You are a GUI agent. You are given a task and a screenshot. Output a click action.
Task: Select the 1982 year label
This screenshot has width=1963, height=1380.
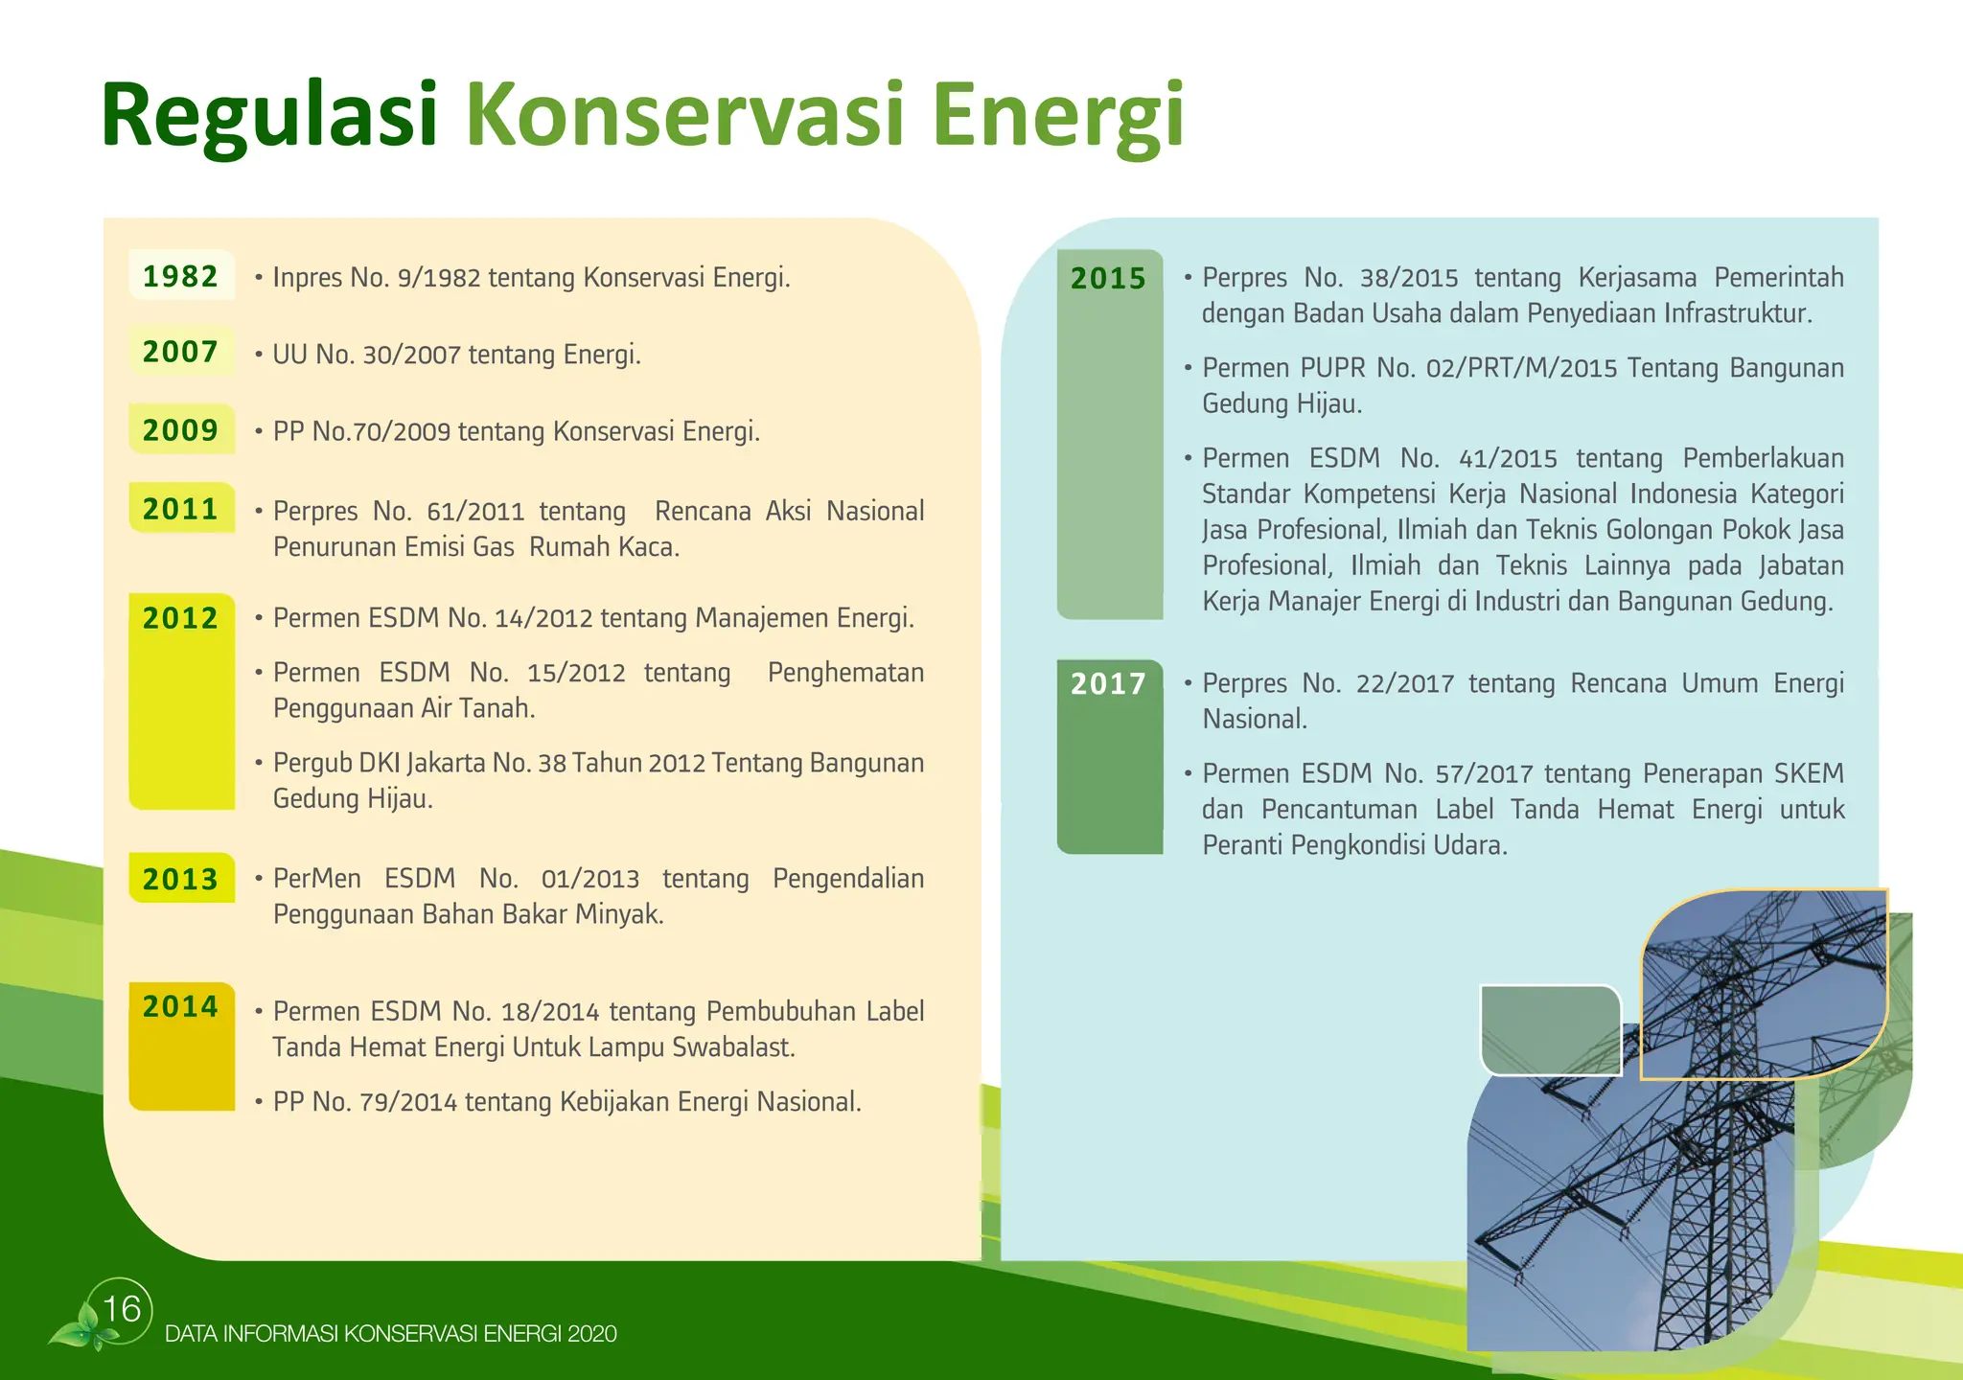click(x=181, y=276)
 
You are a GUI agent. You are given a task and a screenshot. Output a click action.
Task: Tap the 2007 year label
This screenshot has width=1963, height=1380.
click(x=181, y=352)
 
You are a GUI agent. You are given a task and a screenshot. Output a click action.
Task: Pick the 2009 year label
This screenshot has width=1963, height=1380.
click(x=181, y=430)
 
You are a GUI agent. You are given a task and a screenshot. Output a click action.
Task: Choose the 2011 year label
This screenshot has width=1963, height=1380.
click(x=181, y=509)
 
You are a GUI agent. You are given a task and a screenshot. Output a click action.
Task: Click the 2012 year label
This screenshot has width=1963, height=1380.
click(x=181, y=618)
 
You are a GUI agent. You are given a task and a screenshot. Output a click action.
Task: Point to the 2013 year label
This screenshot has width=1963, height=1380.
click(x=181, y=879)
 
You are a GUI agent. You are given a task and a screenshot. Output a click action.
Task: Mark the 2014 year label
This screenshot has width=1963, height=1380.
click(x=181, y=1006)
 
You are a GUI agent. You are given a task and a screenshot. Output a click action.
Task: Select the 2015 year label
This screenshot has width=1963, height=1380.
click(x=1109, y=279)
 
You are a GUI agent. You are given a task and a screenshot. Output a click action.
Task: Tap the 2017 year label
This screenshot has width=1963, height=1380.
click(x=1109, y=683)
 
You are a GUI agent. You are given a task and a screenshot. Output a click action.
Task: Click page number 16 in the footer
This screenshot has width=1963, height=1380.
click(x=122, y=1309)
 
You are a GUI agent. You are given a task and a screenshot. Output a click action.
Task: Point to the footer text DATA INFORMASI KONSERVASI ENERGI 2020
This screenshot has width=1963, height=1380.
click(x=391, y=1334)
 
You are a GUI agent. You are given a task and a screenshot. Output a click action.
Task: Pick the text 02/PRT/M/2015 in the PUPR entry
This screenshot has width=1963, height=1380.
click(x=1521, y=368)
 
